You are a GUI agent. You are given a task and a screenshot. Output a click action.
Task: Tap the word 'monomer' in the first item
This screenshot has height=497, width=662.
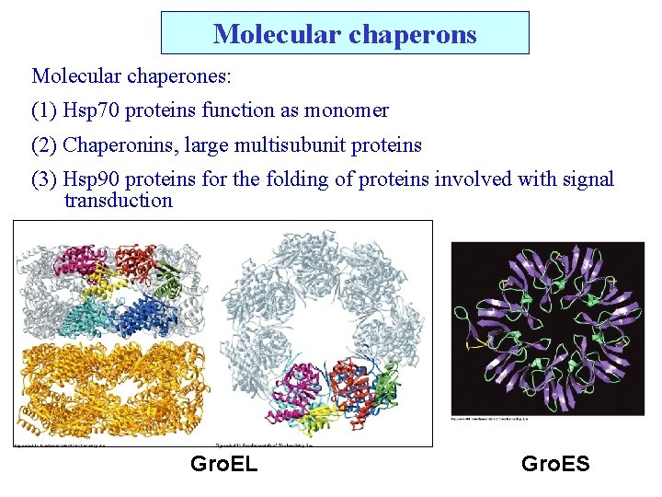tap(351, 110)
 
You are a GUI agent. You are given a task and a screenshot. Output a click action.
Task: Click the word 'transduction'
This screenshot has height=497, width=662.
tap(118, 200)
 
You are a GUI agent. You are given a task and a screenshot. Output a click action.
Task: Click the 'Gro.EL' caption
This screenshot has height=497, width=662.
tap(223, 464)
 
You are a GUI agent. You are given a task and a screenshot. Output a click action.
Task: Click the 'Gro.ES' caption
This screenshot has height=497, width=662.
tap(555, 464)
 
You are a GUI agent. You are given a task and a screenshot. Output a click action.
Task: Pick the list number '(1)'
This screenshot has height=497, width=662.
tap(44, 110)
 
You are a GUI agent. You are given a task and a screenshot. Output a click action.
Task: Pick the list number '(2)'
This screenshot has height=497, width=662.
tap(44, 144)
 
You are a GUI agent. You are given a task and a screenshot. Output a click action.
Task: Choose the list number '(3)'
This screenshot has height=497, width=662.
tap(44, 179)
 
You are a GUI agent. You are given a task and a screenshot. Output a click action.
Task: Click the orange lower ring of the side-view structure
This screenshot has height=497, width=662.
tap(110, 387)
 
